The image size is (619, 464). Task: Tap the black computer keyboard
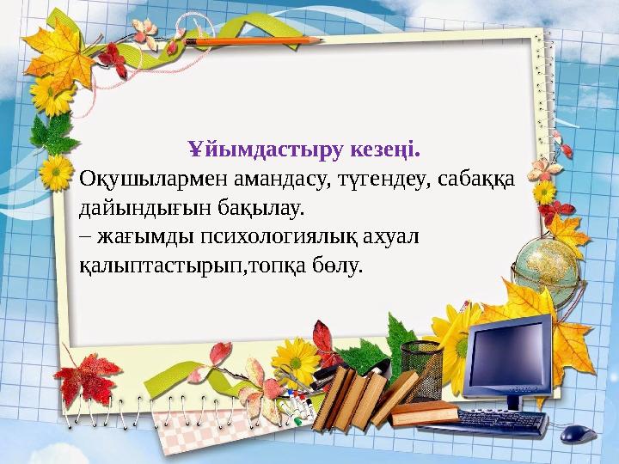point(504,421)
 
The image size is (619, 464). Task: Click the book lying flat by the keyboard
point(425,418)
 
